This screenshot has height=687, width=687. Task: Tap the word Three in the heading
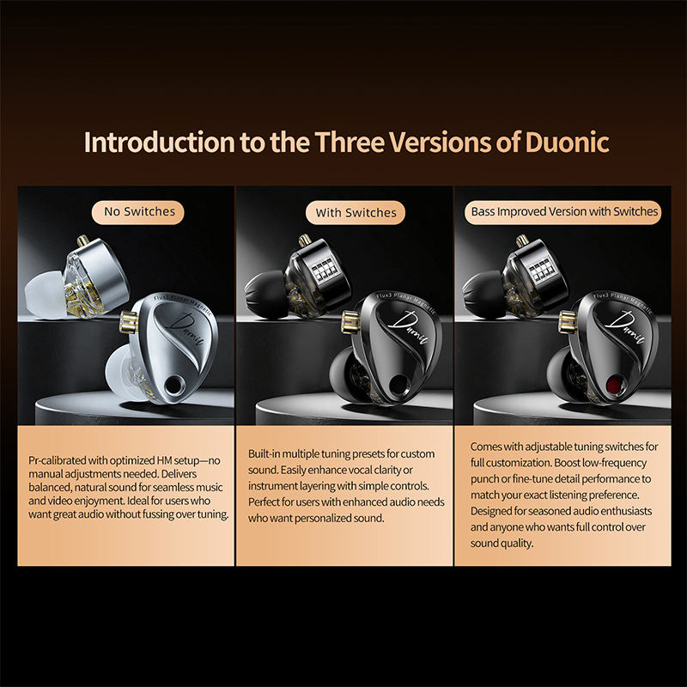[350, 142]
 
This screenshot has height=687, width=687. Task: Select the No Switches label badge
[139, 210]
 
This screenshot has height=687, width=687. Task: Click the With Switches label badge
[356, 212]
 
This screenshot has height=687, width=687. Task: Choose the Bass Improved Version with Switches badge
[564, 210]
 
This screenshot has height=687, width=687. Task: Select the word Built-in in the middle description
[268, 453]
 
